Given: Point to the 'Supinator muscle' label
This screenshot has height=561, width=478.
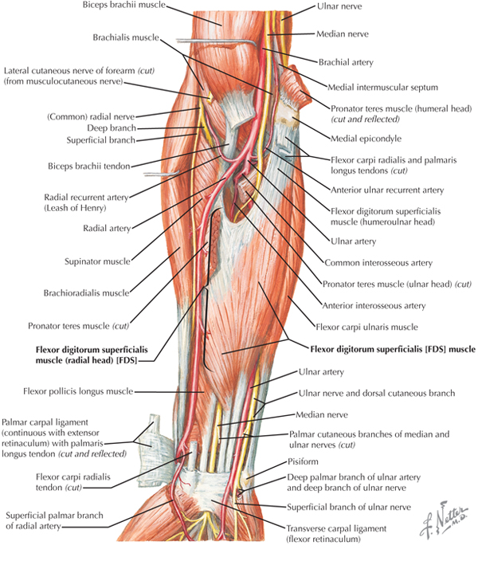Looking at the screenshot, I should (x=93, y=260).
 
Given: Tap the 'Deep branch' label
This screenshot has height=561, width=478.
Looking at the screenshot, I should (x=112, y=127).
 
